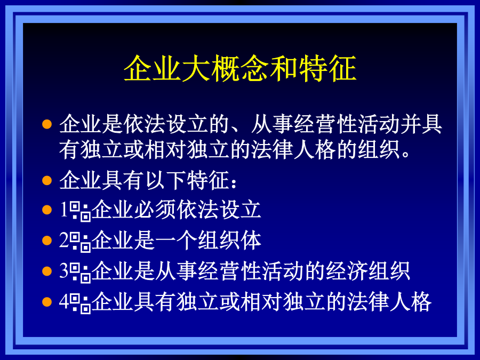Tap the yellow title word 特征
tap(327, 68)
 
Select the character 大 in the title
tap(196, 68)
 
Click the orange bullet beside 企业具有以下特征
tap(47, 180)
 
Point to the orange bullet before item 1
tap(47, 210)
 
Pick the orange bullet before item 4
tap(47, 302)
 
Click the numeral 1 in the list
tap(64, 210)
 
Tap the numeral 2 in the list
tap(65, 241)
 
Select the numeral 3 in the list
tap(65, 271)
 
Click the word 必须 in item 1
tap(155, 210)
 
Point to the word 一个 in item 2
tap(177, 241)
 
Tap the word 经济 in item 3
tap(347, 271)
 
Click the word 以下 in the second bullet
tap(166, 180)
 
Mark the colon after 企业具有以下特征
tap(234, 183)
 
